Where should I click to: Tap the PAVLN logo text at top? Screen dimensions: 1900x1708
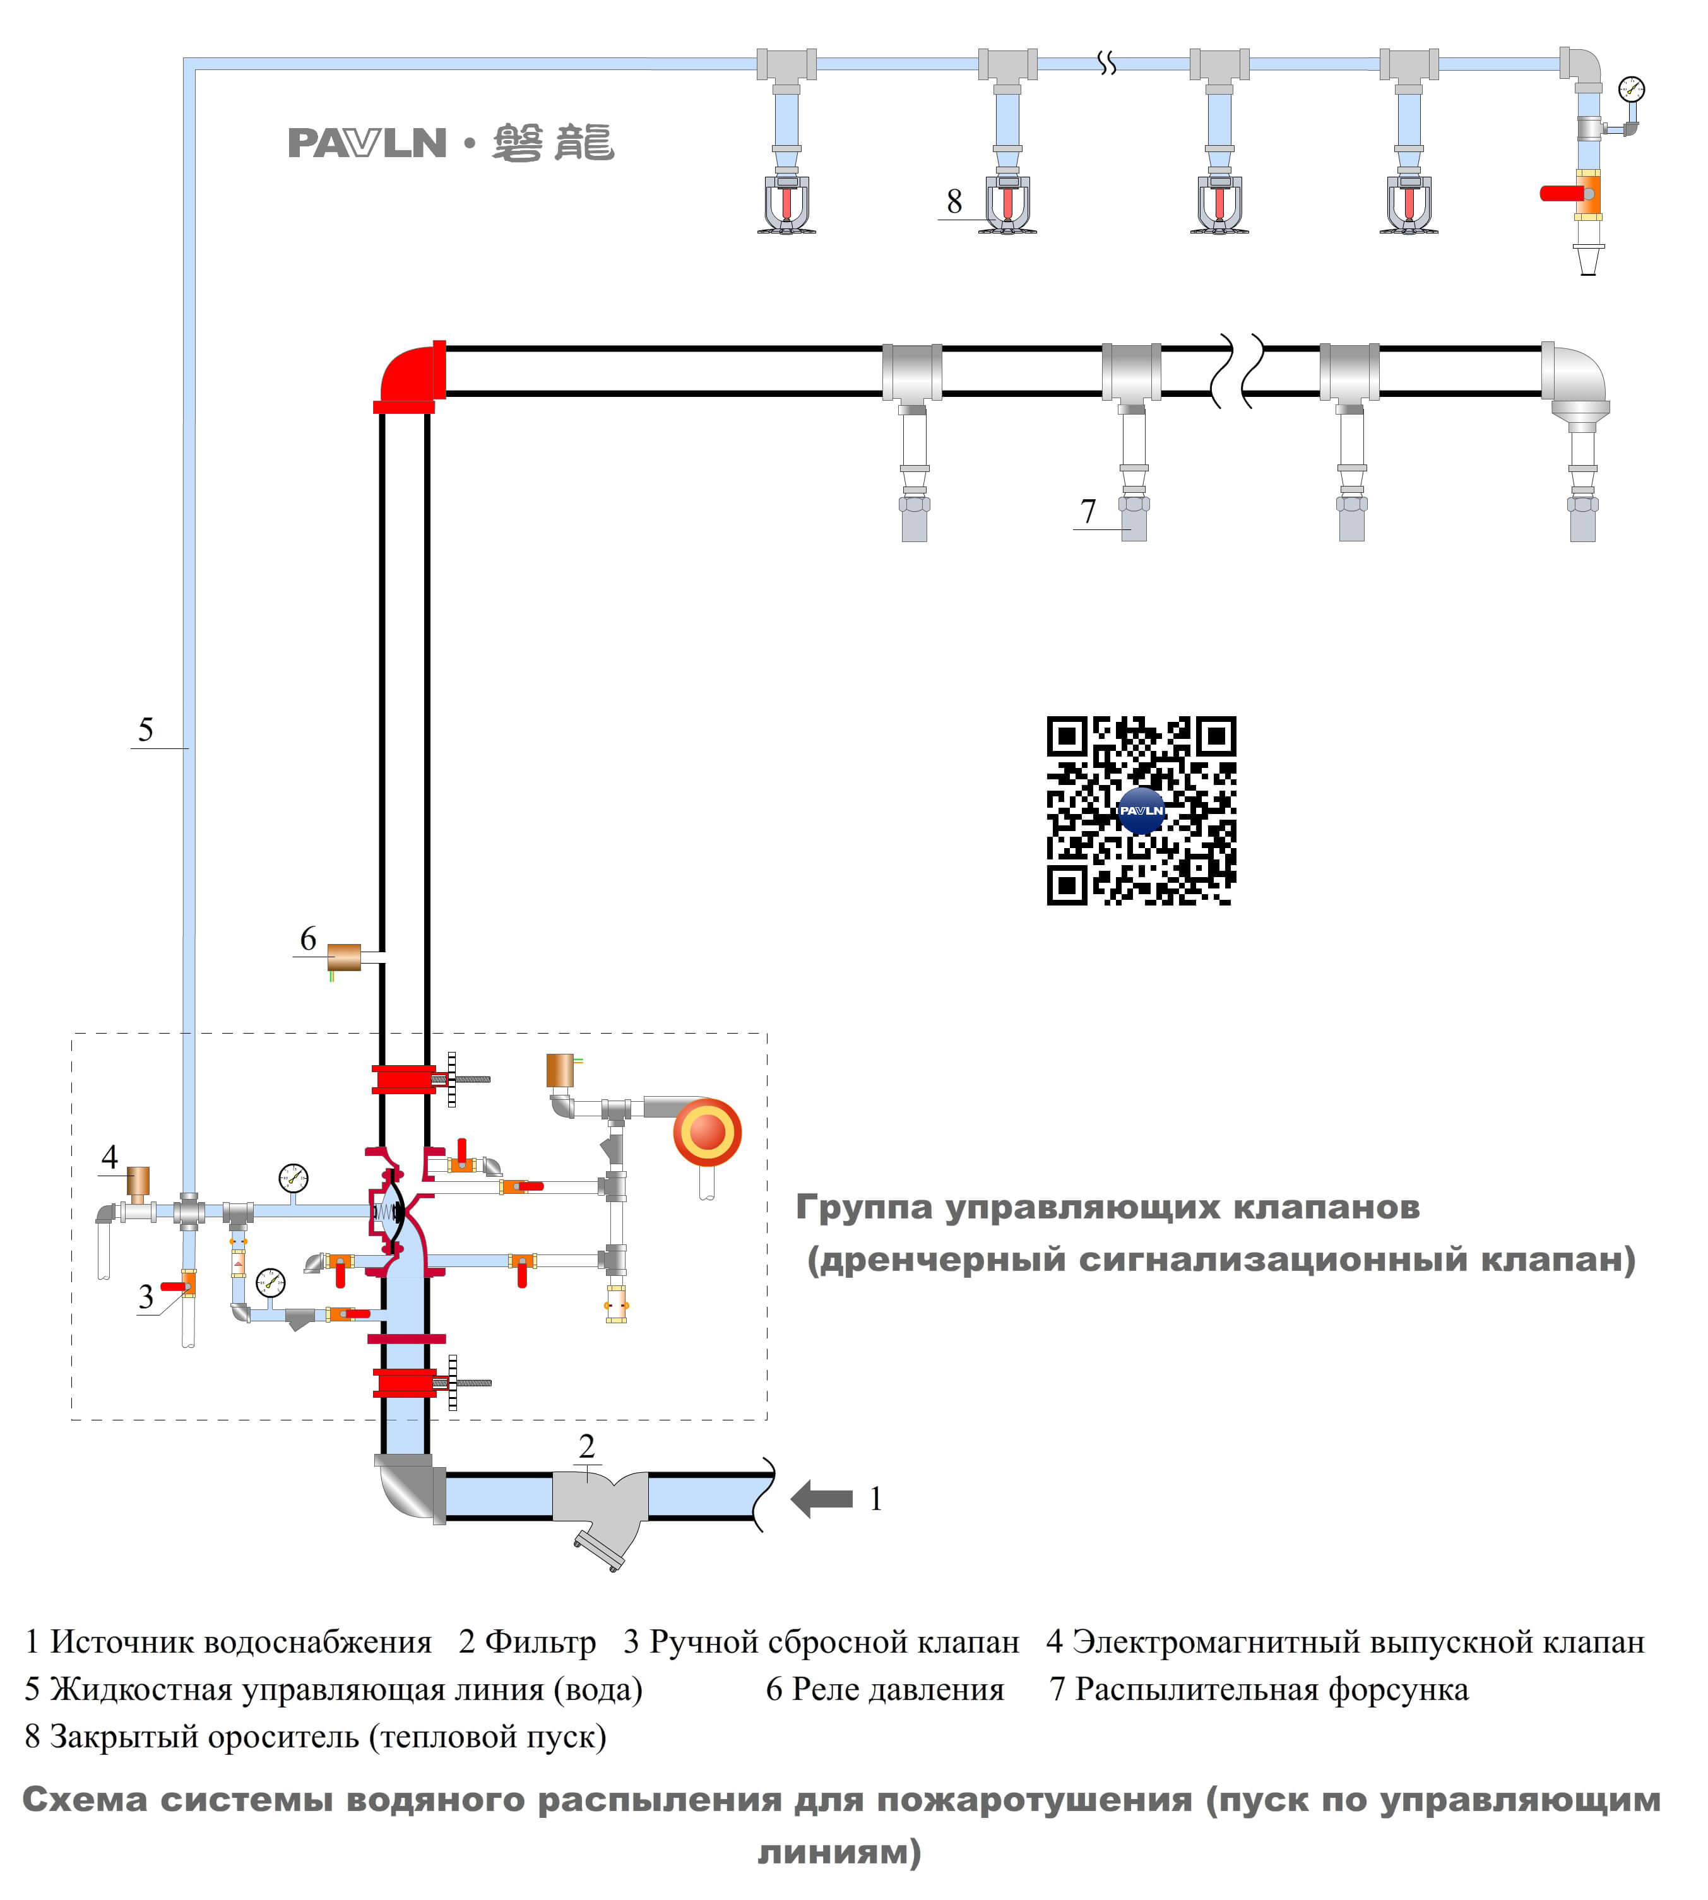366,143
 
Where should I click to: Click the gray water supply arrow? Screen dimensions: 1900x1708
821,1499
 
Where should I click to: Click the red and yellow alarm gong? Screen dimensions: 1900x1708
707,1131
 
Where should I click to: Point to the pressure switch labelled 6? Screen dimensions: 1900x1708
343,957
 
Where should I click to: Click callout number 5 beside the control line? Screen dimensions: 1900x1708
145,729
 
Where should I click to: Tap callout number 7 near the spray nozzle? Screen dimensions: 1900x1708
1088,511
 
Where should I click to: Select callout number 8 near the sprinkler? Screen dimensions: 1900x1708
954,201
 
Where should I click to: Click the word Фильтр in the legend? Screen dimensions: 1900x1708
540,1642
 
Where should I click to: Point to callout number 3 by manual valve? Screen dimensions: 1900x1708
145,1297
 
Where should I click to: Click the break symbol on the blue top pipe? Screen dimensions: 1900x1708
1106,63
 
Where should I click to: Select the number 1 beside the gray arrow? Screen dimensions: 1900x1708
875,1499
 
